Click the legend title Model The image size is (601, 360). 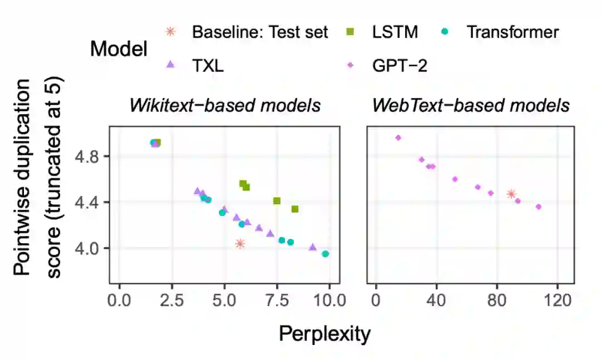pos(119,49)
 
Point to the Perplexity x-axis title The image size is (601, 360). pos(324,334)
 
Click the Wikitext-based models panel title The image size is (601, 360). pos(225,106)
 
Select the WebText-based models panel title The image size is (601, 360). pos(471,106)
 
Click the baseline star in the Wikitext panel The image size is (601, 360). pos(240,244)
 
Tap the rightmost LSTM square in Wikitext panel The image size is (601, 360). pos(295,209)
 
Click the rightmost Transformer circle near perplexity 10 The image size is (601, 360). pos(326,254)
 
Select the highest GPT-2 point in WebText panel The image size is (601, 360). pos(398,138)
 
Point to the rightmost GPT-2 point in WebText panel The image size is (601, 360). pos(538,207)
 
